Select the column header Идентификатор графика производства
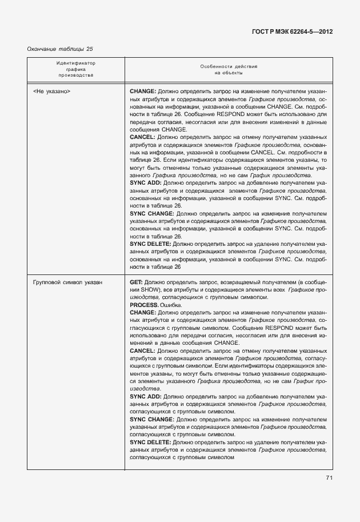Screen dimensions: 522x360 pyautogui.click(x=75, y=69)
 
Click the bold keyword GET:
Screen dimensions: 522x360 pyautogui.click(x=136, y=282)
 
